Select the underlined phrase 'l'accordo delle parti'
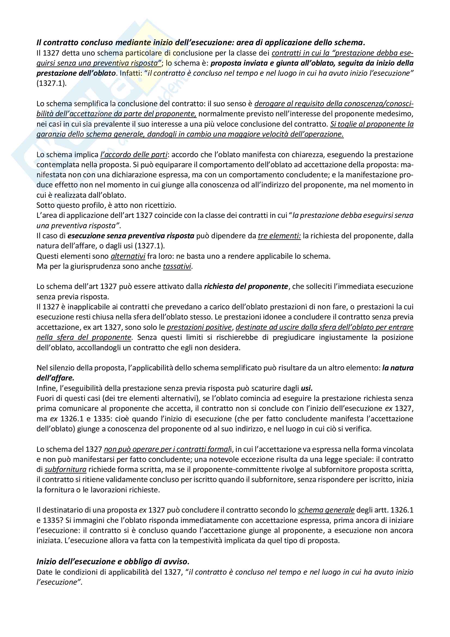(x=134, y=154)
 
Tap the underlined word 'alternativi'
(x=128, y=256)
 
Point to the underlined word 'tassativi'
(x=177, y=266)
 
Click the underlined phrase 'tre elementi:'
(x=279, y=236)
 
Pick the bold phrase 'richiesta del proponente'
(x=246, y=287)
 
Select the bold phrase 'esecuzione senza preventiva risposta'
(x=131, y=236)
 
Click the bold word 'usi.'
(x=307, y=388)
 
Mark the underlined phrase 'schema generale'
(x=326, y=510)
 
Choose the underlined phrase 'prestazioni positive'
(x=199, y=327)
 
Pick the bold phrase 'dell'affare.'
(x=56, y=378)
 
